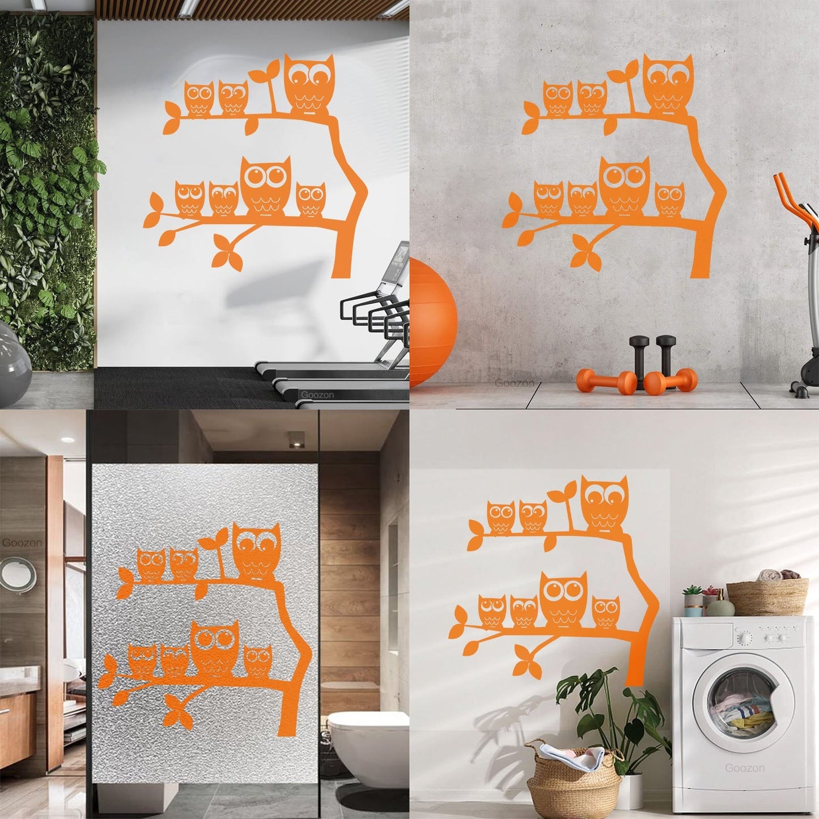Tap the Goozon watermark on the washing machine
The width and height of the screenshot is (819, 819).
click(745, 769)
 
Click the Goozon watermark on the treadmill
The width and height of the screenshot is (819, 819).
click(317, 394)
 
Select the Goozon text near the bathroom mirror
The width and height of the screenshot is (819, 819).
click(22, 542)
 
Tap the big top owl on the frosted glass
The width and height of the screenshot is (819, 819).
click(257, 550)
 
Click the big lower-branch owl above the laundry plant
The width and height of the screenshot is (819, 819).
click(563, 599)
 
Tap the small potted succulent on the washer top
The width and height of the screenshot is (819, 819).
click(692, 601)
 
